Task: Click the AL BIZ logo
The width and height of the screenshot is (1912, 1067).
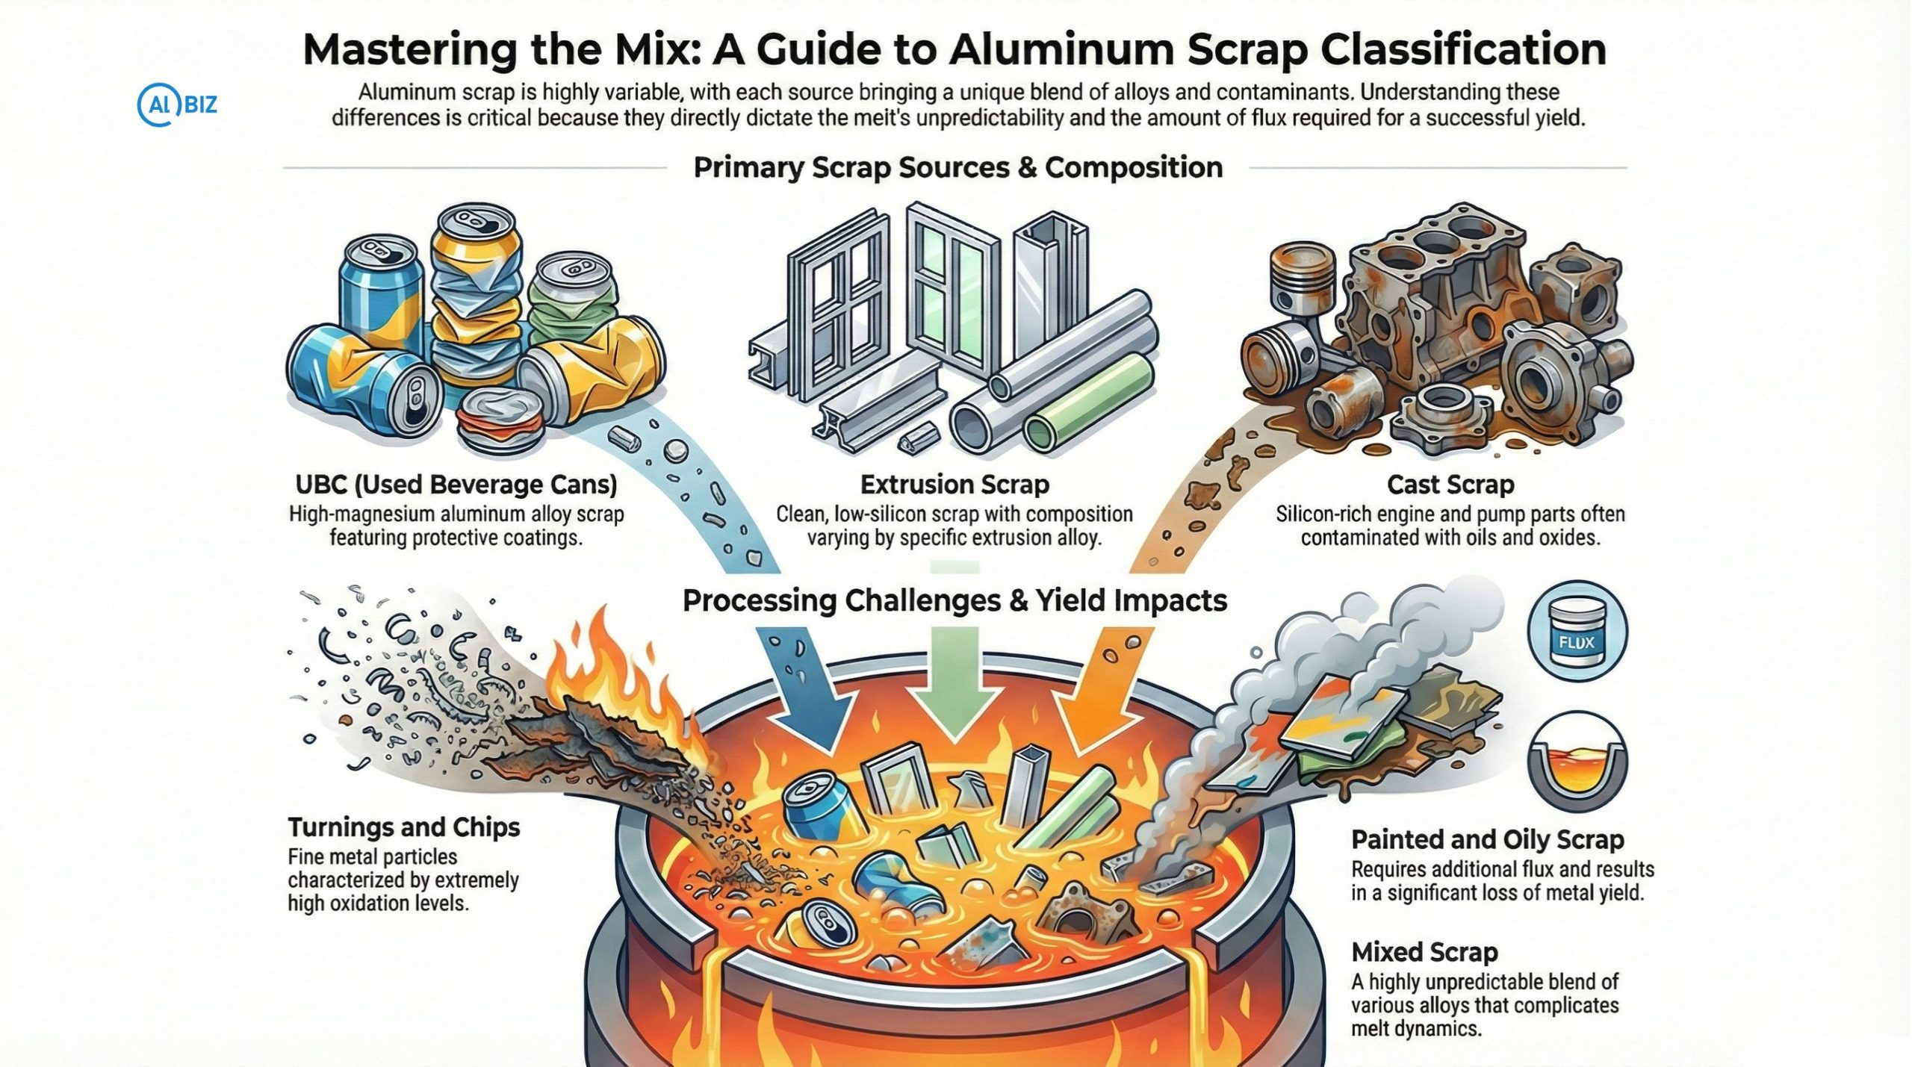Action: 178,105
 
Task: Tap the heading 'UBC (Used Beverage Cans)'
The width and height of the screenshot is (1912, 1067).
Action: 456,485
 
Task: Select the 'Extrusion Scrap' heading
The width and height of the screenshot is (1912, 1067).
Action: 955,485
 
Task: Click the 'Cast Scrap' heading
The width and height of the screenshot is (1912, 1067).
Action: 1450,485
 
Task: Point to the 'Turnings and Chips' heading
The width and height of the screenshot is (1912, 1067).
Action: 404,827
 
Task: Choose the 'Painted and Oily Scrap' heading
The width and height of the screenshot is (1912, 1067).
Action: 1487,839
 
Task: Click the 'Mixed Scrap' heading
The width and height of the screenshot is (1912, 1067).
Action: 1424,952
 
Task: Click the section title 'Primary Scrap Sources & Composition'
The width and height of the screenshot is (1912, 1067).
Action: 957,167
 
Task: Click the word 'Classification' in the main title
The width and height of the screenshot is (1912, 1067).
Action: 1463,49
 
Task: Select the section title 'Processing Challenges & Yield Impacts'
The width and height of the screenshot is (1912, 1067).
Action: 955,600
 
